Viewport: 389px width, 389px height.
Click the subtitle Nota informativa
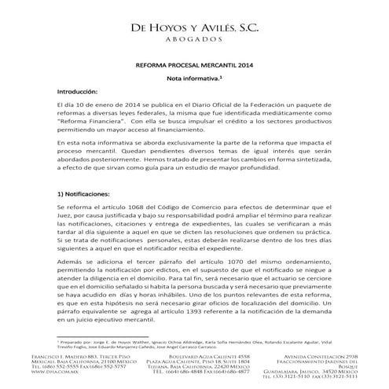click(195, 79)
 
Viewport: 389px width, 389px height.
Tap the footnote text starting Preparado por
click(196, 345)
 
